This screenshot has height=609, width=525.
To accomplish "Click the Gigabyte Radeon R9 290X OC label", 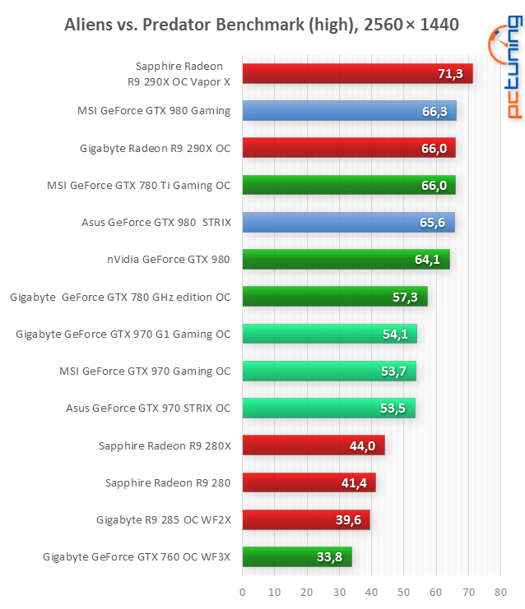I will click(x=155, y=148).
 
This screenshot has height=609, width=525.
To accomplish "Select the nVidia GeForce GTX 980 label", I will click(x=167, y=260).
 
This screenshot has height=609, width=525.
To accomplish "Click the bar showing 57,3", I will click(x=334, y=297).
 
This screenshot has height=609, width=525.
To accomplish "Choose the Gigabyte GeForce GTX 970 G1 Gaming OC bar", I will click(x=329, y=334).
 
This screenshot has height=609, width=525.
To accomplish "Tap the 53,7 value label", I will click(x=394, y=371).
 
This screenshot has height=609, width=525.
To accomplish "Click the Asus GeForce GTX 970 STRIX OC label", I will click(x=148, y=408).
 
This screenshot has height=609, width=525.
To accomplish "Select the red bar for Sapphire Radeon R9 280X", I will click(x=313, y=445).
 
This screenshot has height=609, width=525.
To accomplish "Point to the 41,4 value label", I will click(x=354, y=483).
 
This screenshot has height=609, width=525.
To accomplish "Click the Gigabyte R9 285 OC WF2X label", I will click(x=163, y=519).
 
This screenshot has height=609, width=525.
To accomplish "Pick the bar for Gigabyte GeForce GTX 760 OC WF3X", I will click(x=296, y=557).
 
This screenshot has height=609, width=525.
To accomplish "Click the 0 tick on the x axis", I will click(x=242, y=591).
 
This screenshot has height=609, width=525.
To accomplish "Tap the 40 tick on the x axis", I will click(x=371, y=591).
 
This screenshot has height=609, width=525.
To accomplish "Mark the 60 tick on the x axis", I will click(x=436, y=591).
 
